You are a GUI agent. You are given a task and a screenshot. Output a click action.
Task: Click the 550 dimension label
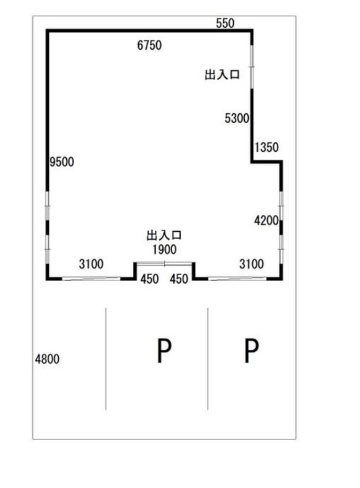click(225, 23)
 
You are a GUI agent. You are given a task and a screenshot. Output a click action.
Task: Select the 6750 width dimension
click(149, 45)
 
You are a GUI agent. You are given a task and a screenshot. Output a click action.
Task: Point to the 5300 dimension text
click(237, 119)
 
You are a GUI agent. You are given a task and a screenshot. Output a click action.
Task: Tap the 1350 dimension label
click(266, 147)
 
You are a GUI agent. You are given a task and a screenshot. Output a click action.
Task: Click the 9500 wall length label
click(62, 162)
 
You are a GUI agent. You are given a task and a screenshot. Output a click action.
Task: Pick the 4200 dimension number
click(266, 221)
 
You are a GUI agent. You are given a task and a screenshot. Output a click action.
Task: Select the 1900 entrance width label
click(164, 250)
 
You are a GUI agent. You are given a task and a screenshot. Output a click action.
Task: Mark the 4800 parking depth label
click(47, 359)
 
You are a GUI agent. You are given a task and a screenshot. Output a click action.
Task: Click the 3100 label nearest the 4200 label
click(251, 264)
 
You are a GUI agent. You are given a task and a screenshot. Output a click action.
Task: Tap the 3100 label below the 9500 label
click(91, 264)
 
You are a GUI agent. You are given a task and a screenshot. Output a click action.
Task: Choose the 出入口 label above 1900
click(164, 235)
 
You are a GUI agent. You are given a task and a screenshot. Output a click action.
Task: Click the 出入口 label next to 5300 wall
click(222, 75)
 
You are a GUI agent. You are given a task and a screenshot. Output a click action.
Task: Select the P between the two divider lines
click(164, 350)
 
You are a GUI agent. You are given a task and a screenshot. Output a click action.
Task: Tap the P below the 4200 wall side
click(251, 350)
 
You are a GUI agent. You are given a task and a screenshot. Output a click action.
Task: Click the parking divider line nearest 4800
click(106, 359)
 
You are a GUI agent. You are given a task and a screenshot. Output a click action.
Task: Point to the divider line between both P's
click(208, 359)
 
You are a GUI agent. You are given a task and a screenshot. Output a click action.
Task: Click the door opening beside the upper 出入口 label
click(252, 67)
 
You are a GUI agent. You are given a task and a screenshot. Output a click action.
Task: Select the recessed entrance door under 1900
click(164, 264)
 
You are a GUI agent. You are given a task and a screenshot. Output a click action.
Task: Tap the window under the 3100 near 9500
click(91, 278)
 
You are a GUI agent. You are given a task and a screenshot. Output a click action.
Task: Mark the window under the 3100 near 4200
click(237, 278)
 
